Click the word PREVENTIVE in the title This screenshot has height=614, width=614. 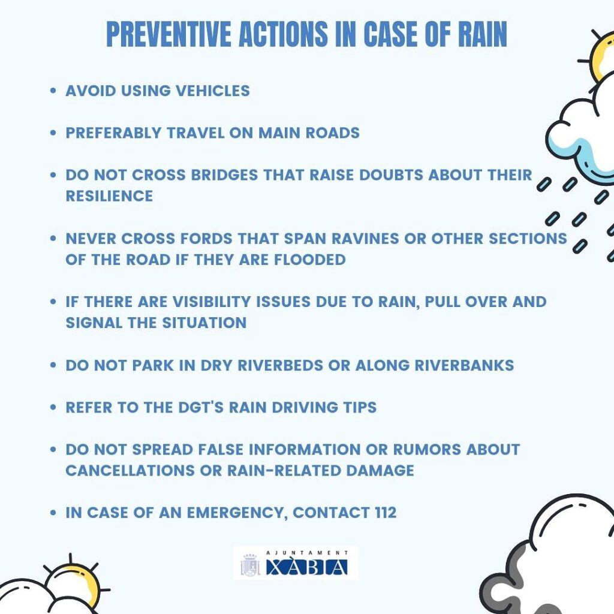tap(168, 34)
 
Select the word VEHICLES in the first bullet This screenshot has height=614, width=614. tap(213, 91)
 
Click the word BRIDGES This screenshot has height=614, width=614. tap(224, 175)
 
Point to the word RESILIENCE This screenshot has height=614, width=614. tap(109, 196)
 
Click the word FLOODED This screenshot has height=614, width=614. tap(310, 260)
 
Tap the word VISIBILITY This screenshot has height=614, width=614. tap(212, 302)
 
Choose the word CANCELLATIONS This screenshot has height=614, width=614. tap(130, 471)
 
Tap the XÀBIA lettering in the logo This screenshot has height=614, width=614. tap(306, 567)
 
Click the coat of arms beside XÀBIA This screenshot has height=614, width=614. tap(250, 565)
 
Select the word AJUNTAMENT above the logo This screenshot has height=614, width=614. tap(306, 552)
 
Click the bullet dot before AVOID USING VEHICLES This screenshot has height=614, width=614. tap(53, 91)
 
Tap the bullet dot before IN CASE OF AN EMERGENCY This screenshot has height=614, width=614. tap(53, 513)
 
